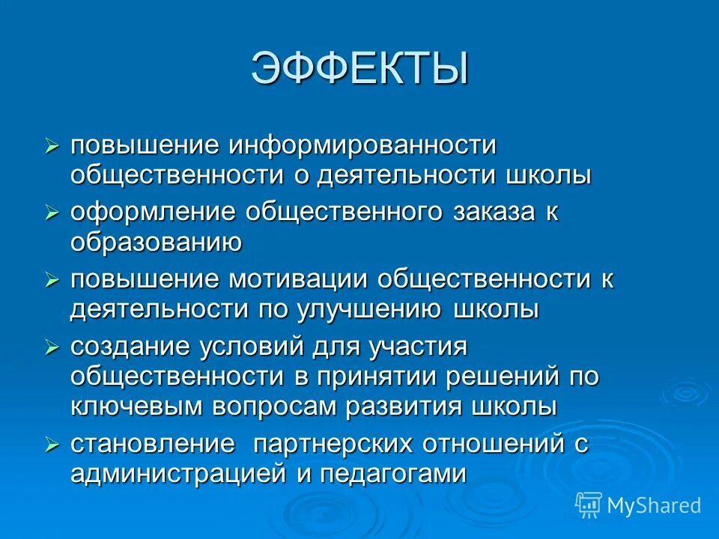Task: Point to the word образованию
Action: coord(156,242)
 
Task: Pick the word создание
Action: coord(130,347)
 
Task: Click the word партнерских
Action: coord(333,444)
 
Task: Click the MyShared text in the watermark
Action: coord(653,505)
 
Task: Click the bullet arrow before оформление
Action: coord(52,213)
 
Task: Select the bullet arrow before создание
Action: coord(52,348)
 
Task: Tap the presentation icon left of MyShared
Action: coord(589,505)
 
